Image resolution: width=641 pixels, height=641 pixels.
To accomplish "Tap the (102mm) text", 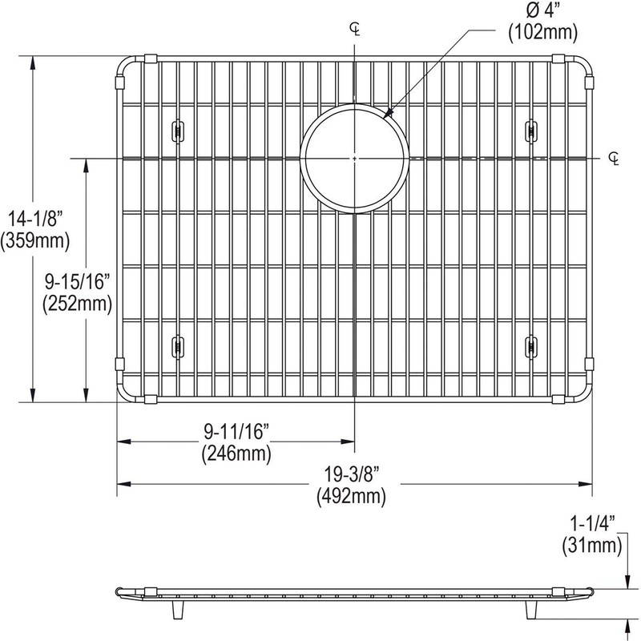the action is pyautogui.click(x=543, y=32).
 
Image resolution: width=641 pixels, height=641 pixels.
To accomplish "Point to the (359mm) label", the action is pyautogui.click(x=35, y=241).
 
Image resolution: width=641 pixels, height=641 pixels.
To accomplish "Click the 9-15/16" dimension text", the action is pyautogui.click(x=78, y=281).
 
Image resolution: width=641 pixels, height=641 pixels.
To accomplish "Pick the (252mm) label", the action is pyautogui.click(x=77, y=304).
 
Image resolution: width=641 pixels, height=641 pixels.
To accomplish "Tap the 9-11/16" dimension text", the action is pyautogui.click(x=236, y=432).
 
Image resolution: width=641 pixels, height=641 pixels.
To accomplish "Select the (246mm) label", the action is pyautogui.click(x=236, y=454).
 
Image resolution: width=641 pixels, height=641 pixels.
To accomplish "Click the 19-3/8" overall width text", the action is pyautogui.click(x=352, y=475).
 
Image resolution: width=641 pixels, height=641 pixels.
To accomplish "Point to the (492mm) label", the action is pyautogui.click(x=351, y=497).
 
